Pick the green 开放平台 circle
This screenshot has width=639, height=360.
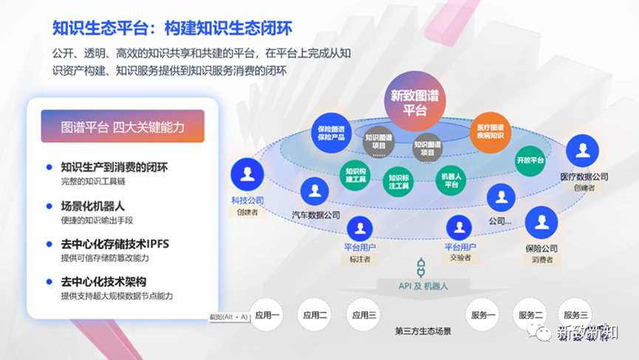530,160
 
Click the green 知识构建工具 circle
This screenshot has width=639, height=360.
355,177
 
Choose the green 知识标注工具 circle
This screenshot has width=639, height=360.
398,182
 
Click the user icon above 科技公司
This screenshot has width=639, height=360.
247,175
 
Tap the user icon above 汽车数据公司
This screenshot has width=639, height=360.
315,191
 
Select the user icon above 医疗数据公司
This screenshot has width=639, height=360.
583,152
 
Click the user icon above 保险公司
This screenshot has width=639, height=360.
541,223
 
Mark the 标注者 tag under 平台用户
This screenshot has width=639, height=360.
360,259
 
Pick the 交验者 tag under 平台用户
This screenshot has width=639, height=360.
459,258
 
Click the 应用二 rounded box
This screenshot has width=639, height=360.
315,316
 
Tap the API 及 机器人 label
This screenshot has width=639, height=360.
423,285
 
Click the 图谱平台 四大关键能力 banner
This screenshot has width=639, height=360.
123,127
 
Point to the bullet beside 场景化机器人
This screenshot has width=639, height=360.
49,207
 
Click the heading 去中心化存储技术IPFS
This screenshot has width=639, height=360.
115,244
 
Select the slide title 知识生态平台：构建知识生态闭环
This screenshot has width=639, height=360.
172,28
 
